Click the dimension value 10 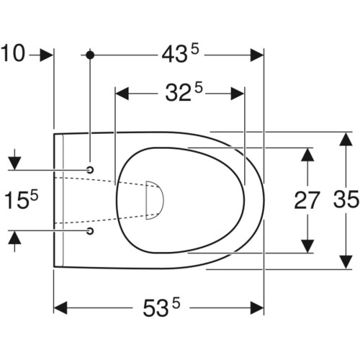pos(13,53)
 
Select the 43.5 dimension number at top pos(181,54)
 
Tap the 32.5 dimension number pos(184,91)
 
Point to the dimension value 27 pos(307,200)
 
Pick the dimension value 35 pos(346,199)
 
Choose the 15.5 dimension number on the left pos(22,200)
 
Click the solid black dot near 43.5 pos(90,55)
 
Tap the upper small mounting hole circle pos(90,170)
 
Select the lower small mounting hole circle pos(90,231)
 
